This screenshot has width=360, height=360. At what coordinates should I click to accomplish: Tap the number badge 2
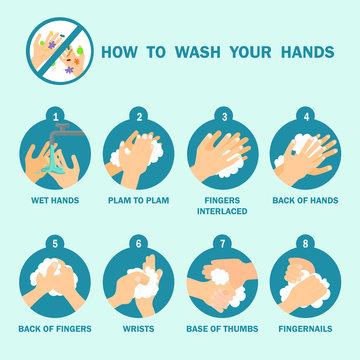pos(140,115)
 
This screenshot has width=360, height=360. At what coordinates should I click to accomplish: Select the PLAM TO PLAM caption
pos(140,200)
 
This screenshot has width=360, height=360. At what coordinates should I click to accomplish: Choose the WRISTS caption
pos(140,326)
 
